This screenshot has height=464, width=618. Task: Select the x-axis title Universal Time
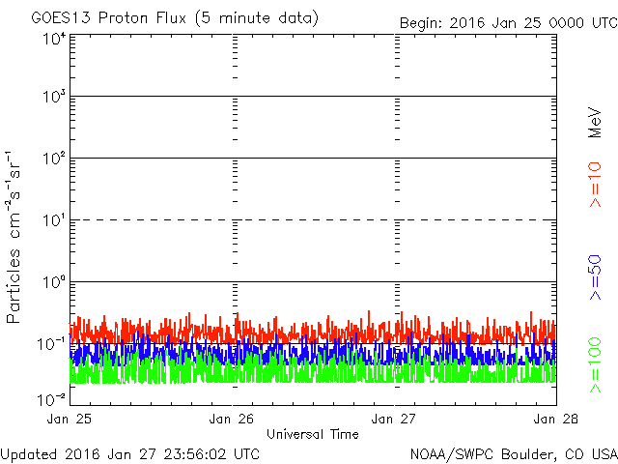[312, 434]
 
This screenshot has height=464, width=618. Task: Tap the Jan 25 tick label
[70, 419]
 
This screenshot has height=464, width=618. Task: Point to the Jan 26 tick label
[232, 419]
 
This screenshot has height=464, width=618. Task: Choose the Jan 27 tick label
[394, 419]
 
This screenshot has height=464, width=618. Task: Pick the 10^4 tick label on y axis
[54, 39]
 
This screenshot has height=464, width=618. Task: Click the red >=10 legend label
[596, 185]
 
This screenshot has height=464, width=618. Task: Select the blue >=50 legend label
[596, 277]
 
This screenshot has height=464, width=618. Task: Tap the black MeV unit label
[596, 121]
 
